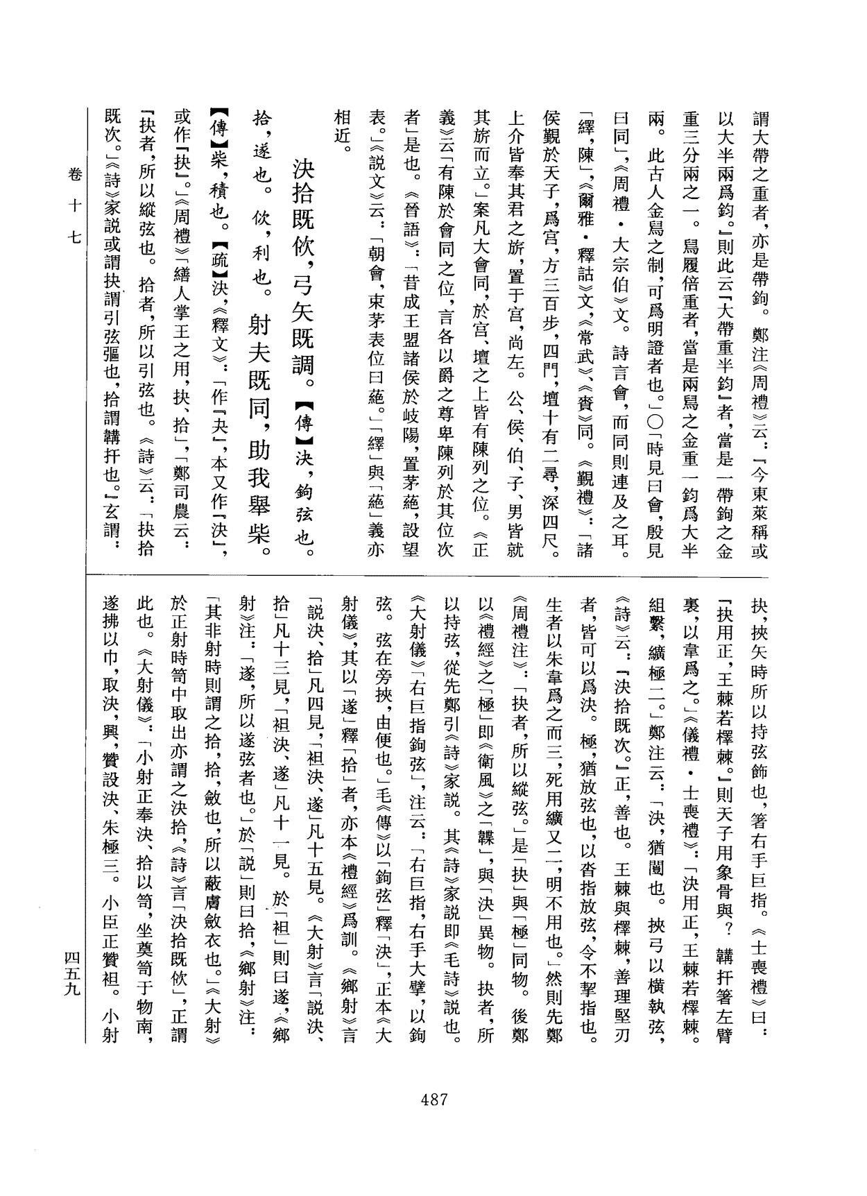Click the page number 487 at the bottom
point(433,1100)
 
